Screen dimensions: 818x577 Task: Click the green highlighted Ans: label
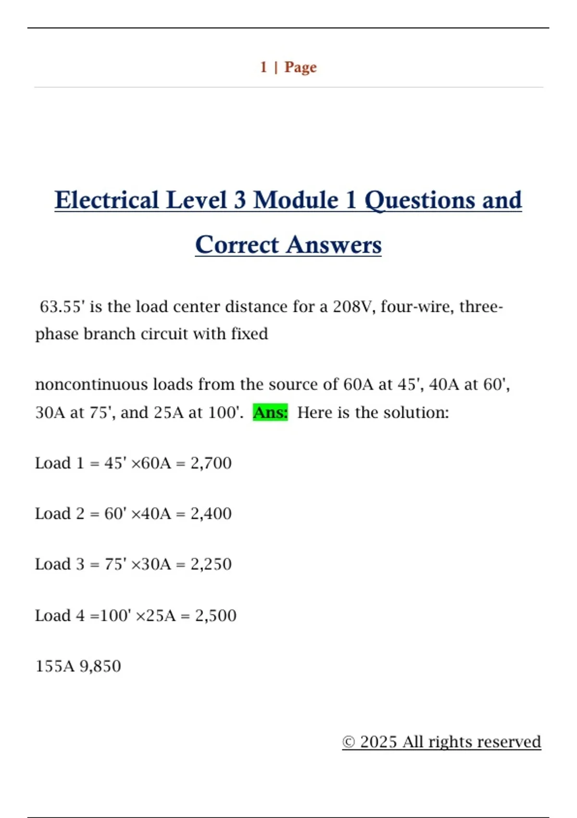pos(270,412)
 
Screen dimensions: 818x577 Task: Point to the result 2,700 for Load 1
pos(211,463)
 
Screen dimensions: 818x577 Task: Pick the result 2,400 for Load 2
pos(211,513)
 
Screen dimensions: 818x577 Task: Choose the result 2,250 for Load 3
pos(211,564)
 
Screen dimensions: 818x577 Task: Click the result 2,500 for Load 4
pos(215,615)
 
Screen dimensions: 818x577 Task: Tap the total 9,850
pos(100,666)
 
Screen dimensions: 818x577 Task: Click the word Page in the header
pos(301,67)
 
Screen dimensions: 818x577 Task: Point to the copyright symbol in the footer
pos(349,742)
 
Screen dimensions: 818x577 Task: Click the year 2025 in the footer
pos(378,742)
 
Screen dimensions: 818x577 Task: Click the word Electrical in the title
pos(106,200)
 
